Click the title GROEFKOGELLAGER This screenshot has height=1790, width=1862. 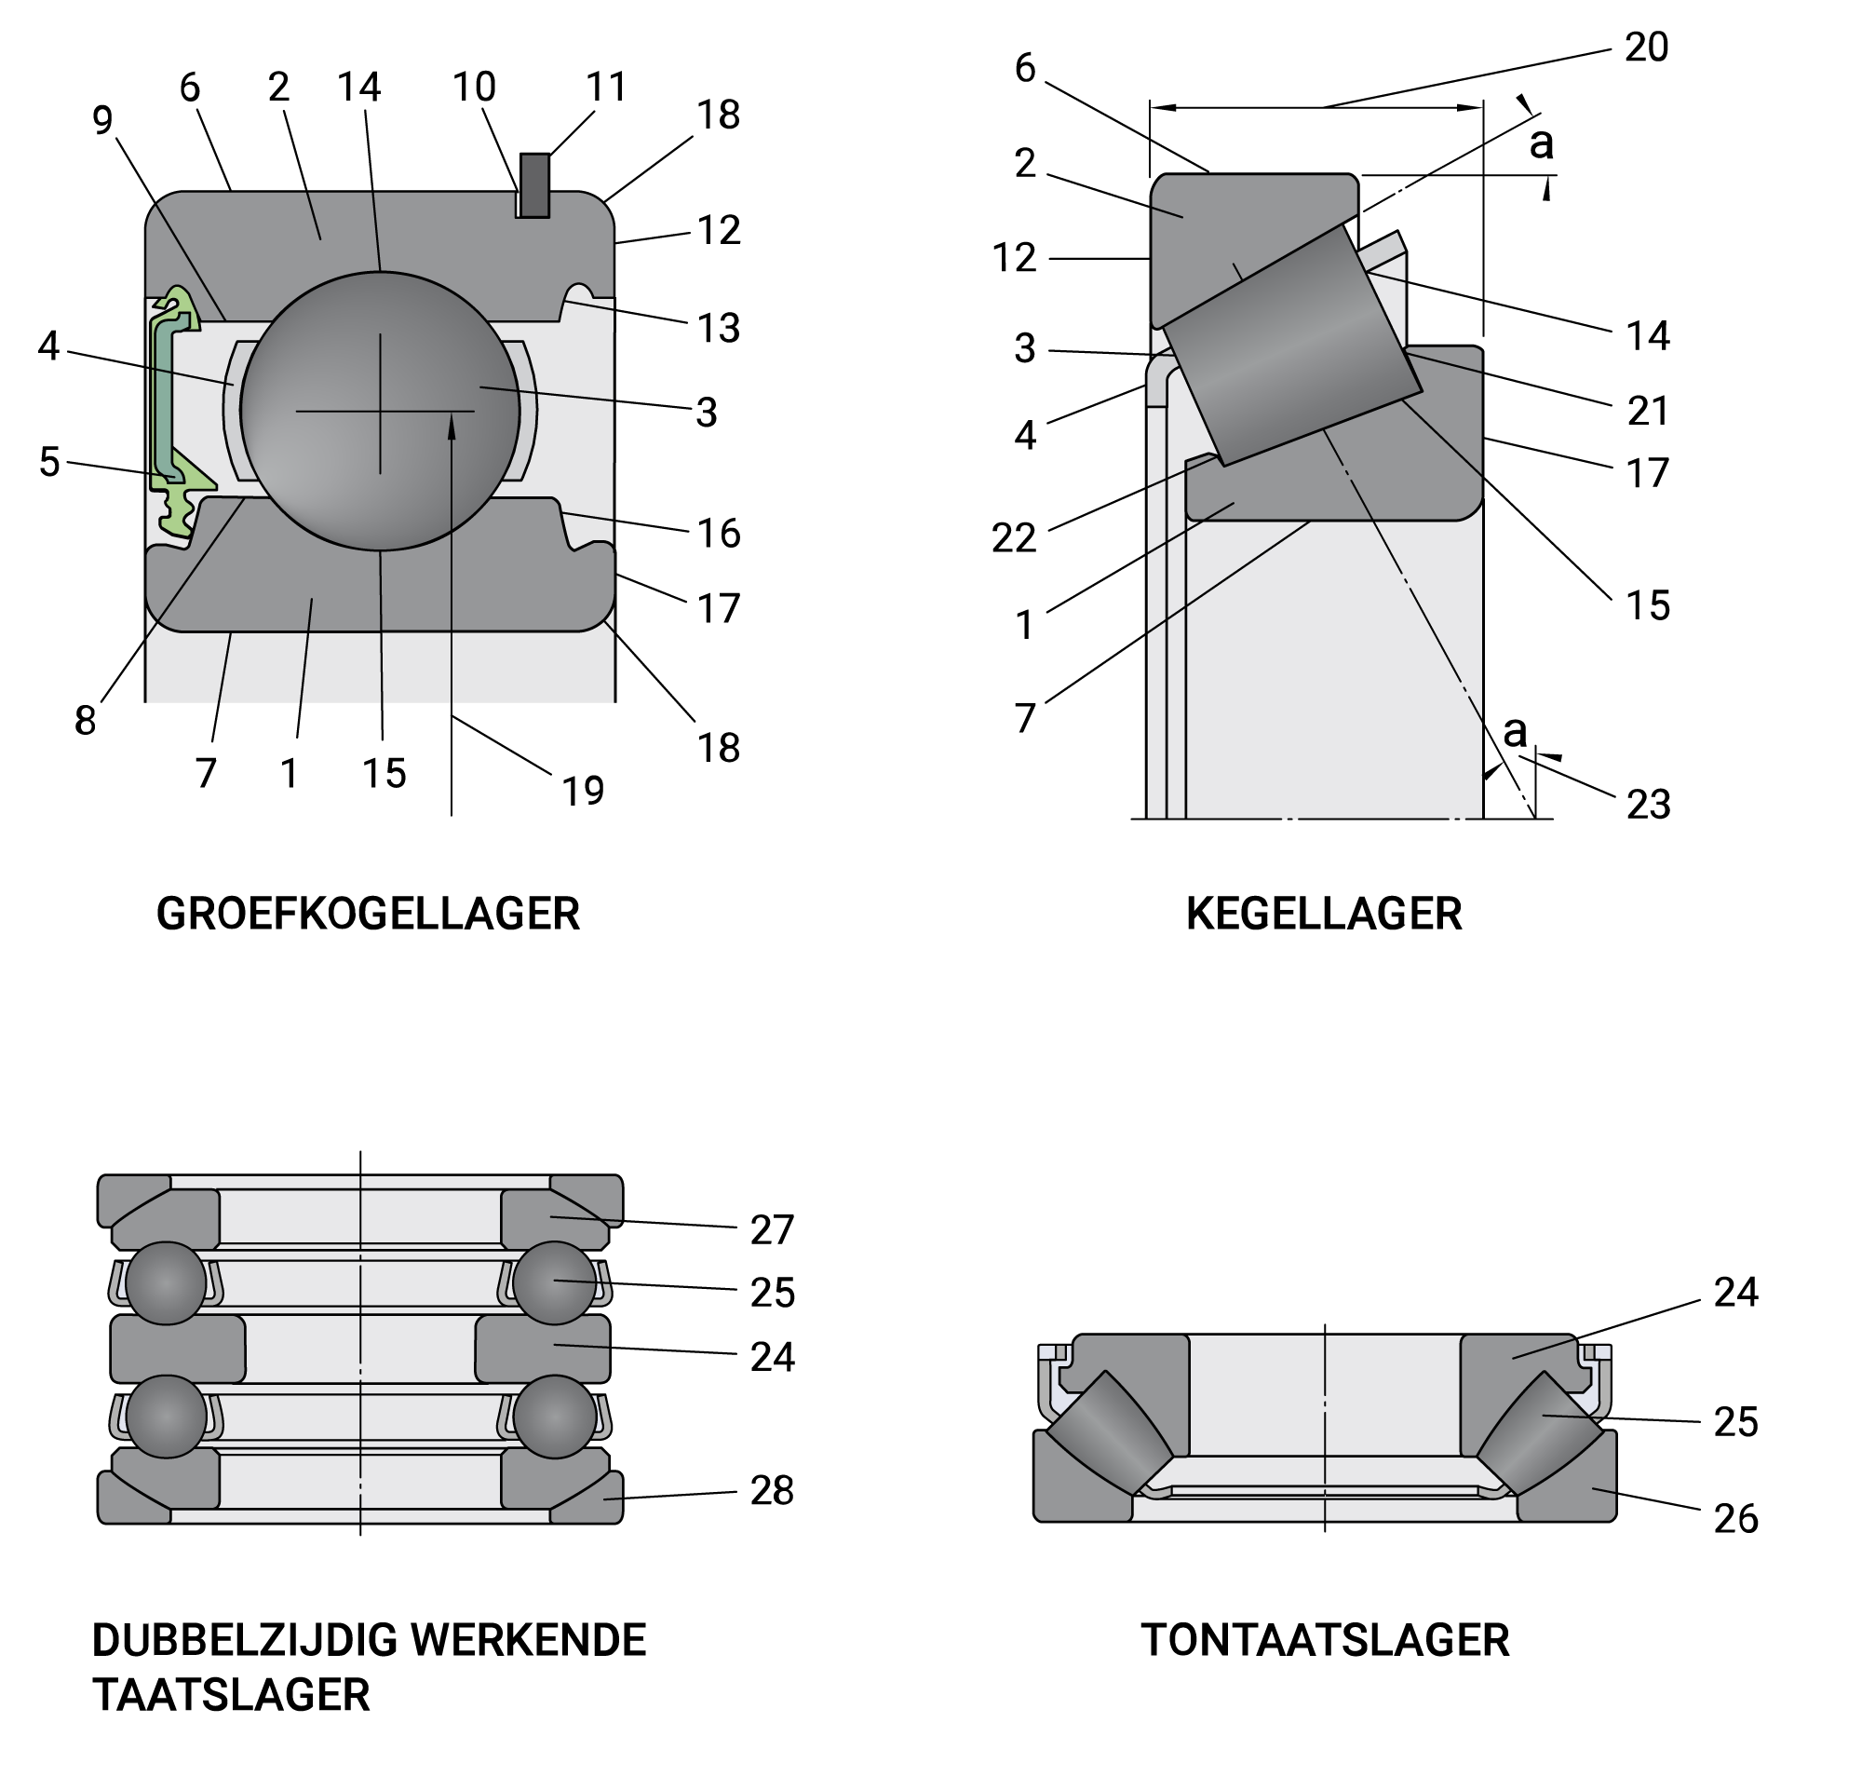point(368,914)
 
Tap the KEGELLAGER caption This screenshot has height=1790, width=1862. point(1323,914)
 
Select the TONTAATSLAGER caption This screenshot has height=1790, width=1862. point(1324,1640)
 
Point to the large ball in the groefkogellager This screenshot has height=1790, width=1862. point(380,412)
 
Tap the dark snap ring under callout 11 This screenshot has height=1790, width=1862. point(534,185)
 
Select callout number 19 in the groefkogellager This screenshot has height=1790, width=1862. point(584,791)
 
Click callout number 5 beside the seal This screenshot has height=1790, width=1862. point(49,462)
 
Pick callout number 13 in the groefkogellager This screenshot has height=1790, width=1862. point(718,328)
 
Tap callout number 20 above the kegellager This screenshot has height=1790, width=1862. point(1646,47)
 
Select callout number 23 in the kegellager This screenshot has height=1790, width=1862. point(1648,804)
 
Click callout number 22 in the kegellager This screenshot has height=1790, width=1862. point(1014,537)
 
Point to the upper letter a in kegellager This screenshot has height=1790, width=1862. point(1541,144)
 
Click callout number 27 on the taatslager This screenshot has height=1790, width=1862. point(773,1230)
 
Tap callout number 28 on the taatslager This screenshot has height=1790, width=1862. point(772,1491)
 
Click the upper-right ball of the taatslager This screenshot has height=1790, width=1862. point(555,1282)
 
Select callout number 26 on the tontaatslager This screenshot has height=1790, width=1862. point(1735,1518)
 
